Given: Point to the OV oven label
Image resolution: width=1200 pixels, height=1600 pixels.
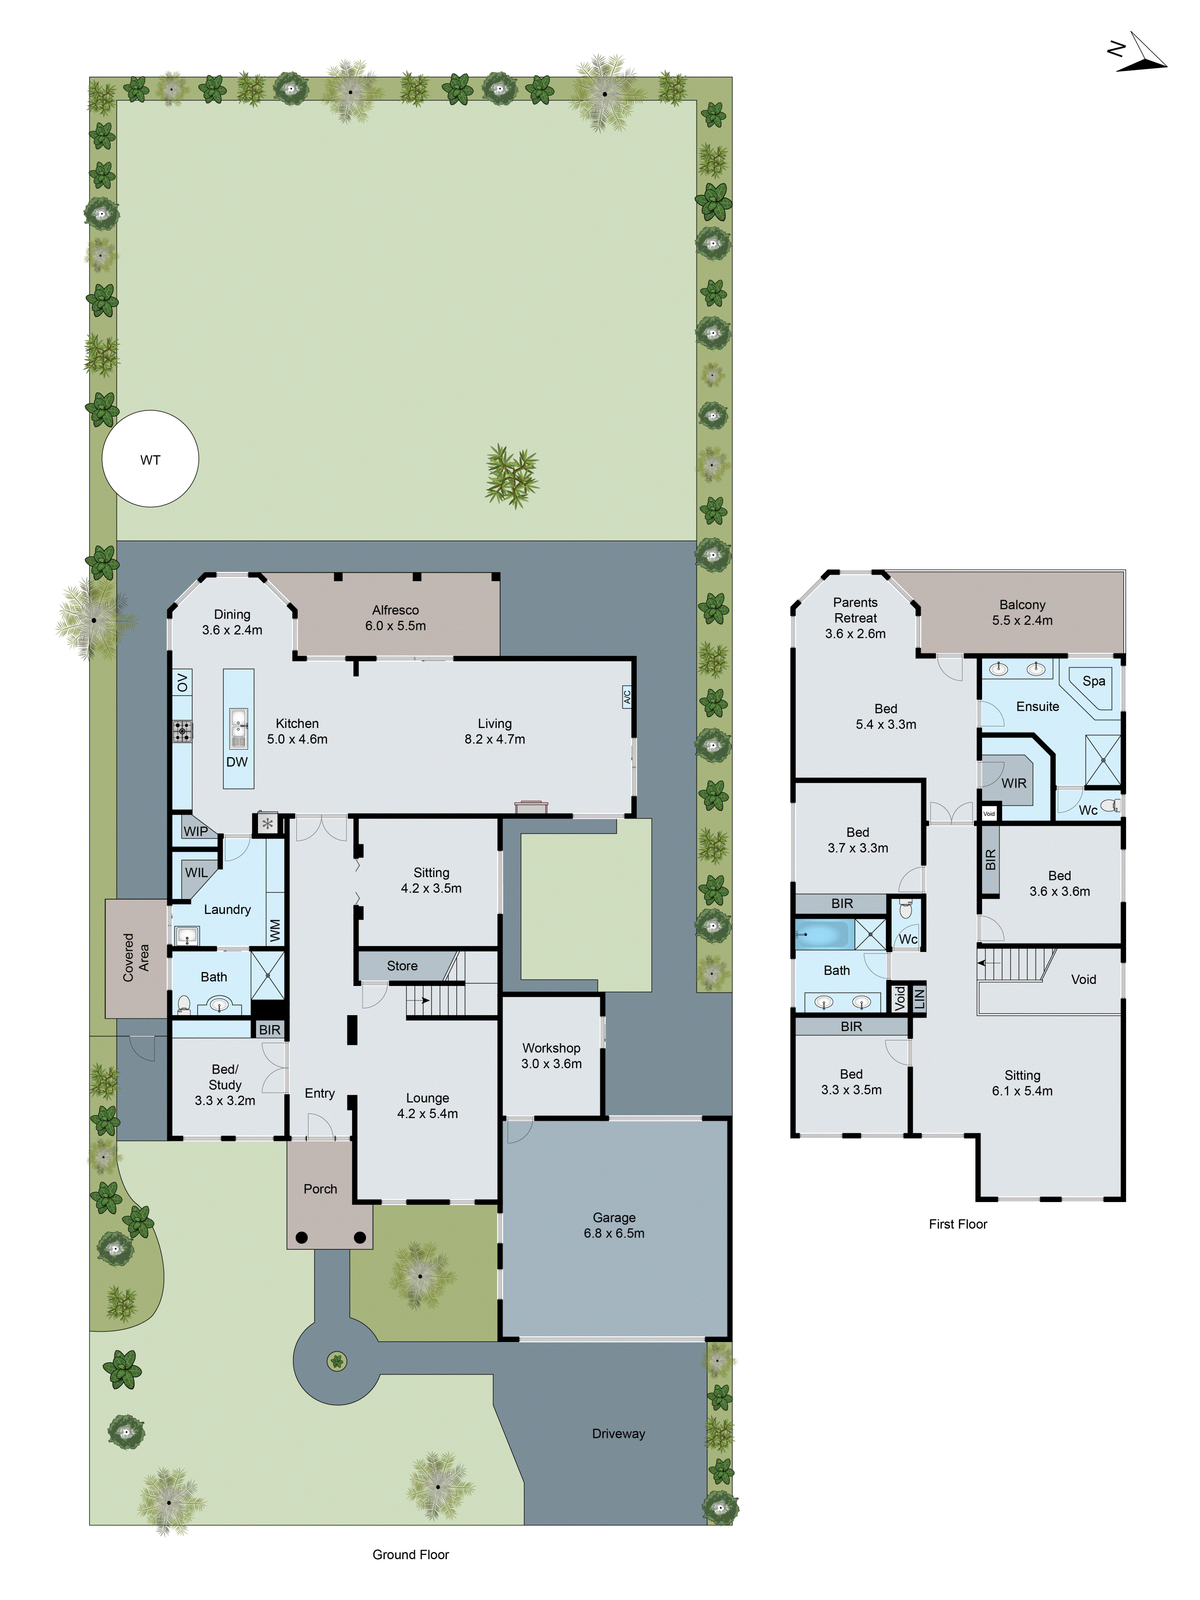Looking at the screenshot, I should [182, 682].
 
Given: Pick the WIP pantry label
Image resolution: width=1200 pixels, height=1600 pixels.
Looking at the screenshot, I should [195, 831].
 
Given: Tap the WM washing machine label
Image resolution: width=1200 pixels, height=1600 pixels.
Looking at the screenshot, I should [275, 930].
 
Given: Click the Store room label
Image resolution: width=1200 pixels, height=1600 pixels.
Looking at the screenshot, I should [402, 966].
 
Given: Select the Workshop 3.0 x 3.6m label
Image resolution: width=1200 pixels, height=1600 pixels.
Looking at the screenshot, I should [551, 1055].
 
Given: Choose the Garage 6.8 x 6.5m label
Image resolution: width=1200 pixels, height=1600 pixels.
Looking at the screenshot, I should [614, 1225].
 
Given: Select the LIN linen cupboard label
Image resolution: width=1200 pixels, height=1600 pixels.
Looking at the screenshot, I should [919, 999].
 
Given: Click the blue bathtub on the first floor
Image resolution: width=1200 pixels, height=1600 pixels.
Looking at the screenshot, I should [824, 934].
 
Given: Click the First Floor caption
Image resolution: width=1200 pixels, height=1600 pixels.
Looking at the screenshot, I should [958, 1224].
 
